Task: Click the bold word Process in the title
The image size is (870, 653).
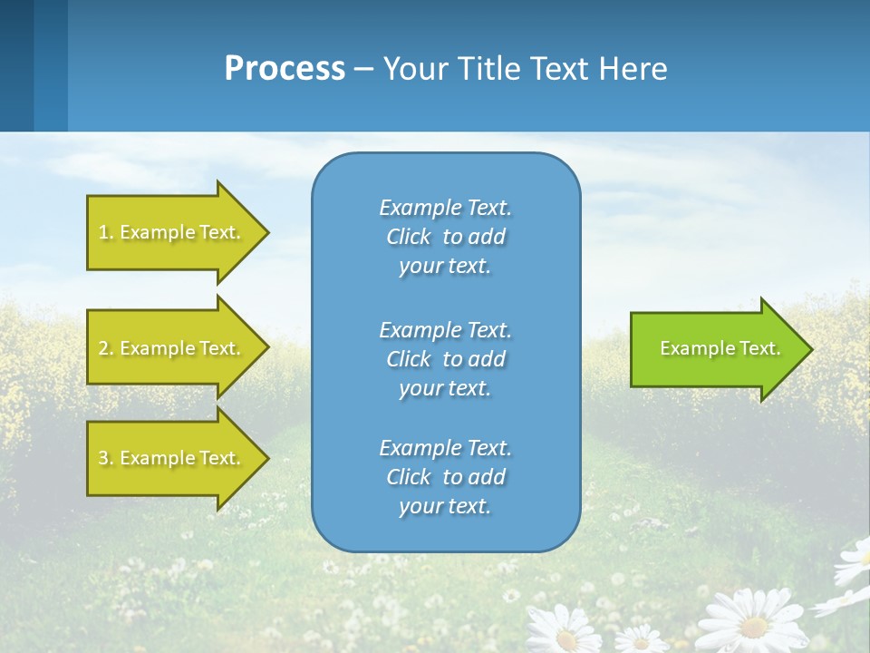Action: point(285,68)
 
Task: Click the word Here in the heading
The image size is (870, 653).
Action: point(632,68)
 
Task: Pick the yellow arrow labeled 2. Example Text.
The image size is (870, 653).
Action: point(172,348)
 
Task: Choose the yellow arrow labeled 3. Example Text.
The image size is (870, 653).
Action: point(172,458)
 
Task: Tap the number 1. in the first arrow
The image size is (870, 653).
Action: point(105,233)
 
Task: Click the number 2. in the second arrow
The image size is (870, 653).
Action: point(105,348)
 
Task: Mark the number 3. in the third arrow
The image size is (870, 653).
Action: point(105,458)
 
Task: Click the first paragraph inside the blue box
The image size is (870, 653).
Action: point(445,237)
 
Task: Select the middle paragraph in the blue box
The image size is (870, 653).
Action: point(445,358)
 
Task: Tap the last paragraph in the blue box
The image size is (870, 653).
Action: point(445,477)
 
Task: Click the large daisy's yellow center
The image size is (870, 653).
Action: point(753,625)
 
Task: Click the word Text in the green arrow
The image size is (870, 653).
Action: point(759,348)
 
